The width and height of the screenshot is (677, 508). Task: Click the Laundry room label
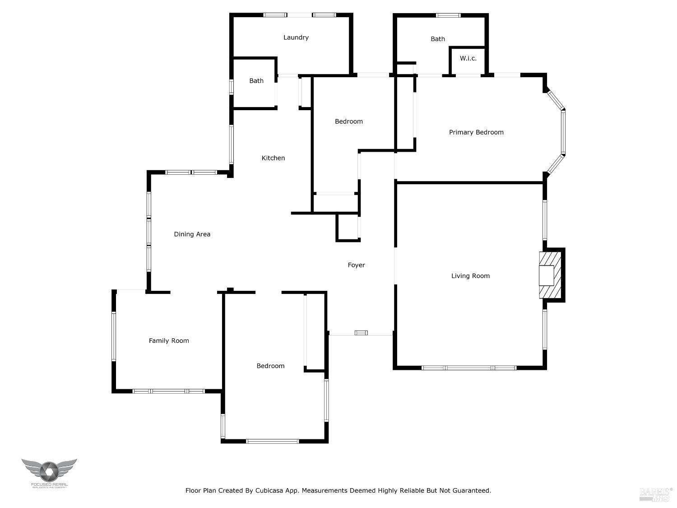(x=296, y=37)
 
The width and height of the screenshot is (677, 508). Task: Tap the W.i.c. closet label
(x=468, y=58)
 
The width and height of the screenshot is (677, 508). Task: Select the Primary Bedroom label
(x=476, y=132)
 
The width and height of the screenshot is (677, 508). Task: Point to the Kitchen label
(x=273, y=158)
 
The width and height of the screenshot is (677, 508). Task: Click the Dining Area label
(x=192, y=234)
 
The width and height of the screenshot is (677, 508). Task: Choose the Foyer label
(x=356, y=265)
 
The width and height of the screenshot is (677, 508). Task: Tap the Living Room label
(x=470, y=276)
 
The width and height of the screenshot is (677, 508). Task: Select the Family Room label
(x=169, y=341)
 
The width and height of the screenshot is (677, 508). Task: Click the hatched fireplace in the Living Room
(x=551, y=275)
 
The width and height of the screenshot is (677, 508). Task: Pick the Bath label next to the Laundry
(x=256, y=81)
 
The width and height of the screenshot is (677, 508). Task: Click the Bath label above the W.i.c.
(x=438, y=39)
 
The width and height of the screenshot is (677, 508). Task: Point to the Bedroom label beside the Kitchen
(x=349, y=121)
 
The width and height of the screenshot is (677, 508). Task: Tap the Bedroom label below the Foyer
(x=270, y=366)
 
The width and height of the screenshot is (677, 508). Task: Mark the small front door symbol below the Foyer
(x=361, y=333)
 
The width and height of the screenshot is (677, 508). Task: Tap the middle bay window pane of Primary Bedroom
(x=563, y=132)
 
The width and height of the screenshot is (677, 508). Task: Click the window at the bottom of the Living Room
(x=469, y=368)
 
